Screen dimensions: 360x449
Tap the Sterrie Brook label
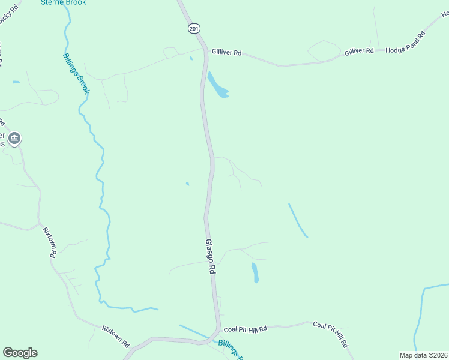(x=63, y=2)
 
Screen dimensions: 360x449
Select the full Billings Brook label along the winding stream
(x=76, y=73)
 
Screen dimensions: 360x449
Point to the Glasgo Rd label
(x=210, y=257)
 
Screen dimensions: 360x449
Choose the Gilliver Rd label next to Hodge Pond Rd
(x=359, y=52)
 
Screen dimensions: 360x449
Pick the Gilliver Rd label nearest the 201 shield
(x=226, y=53)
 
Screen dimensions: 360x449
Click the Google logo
(x=20, y=353)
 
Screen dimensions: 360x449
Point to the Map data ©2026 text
(x=423, y=355)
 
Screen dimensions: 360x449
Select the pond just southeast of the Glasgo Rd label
(x=255, y=272)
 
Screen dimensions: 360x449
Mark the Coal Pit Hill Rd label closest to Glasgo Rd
(x=245, y=329)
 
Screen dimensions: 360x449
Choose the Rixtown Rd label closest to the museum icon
(x=49, y=242)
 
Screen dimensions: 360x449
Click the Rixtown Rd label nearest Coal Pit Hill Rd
(x=115, y=337)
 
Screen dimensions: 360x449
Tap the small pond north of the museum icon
(x=16, y=82)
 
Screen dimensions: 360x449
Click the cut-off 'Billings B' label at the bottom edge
(x=231, y=349)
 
